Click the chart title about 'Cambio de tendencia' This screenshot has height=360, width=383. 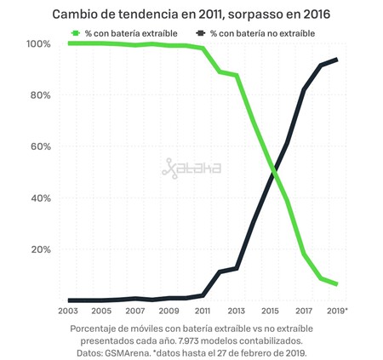point(191,14)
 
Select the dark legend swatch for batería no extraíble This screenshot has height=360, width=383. point(201,32)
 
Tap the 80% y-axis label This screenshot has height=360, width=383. point(40,95)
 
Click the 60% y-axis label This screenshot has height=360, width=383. point(40,146)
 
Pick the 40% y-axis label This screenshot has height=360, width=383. point(40,198)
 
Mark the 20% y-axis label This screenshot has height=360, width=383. point(40,249)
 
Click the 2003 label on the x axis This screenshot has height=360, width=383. point(67,311)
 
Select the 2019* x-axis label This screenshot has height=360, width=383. point(338,311)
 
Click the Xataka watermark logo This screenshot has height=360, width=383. point(191,169)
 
